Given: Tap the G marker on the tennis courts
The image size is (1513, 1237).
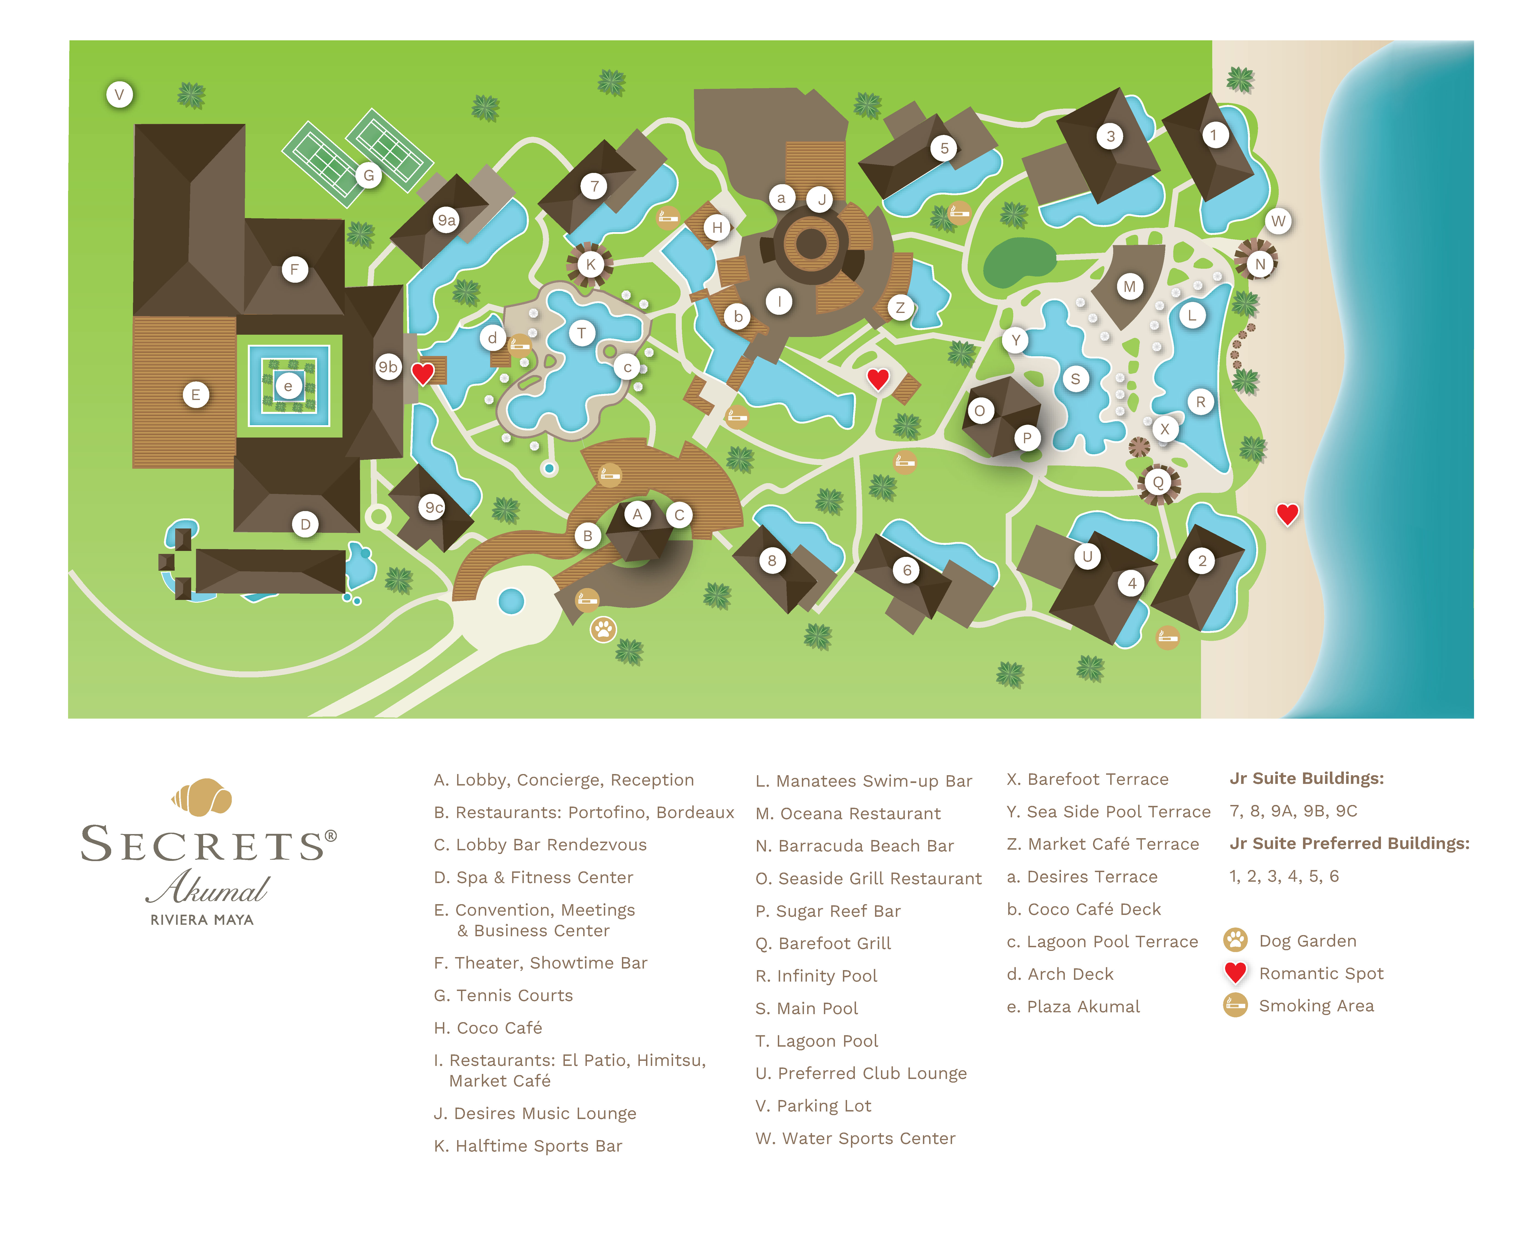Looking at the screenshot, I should [x=369, y=175].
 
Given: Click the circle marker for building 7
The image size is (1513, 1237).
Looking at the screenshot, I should [x=594, y=187].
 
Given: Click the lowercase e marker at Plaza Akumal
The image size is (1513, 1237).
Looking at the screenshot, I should [x=288, y=386].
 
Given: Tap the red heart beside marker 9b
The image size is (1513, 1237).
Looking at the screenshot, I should [x=423, y=373].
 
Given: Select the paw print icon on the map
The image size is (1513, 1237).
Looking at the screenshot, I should [x=603, y=629].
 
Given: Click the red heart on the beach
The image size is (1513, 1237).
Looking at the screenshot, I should [x=1287, y=514].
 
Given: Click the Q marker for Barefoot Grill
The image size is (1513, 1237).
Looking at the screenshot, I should [x=1158, y=482].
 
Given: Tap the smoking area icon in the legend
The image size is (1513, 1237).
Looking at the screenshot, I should [x=1235, y=1005].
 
